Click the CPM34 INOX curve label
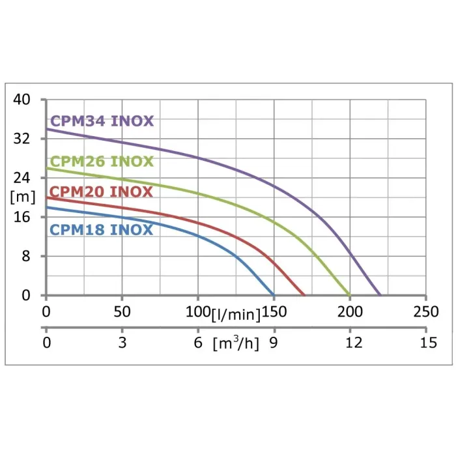[102, 121]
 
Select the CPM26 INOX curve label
[102, 162]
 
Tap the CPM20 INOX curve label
[102, 192]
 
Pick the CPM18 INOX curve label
[102, 230]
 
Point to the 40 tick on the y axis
[22, 100]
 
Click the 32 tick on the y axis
[22, 139]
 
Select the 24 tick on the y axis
[22, 178]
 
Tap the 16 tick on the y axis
[22, 217]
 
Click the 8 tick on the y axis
[26, 256]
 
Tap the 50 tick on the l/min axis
[122, 312]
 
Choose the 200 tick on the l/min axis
[350, 312]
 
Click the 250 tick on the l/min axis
[426, 312]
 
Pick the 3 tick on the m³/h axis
[122, 343]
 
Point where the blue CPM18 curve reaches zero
[274, 294]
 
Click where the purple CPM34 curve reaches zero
[380, 294]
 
